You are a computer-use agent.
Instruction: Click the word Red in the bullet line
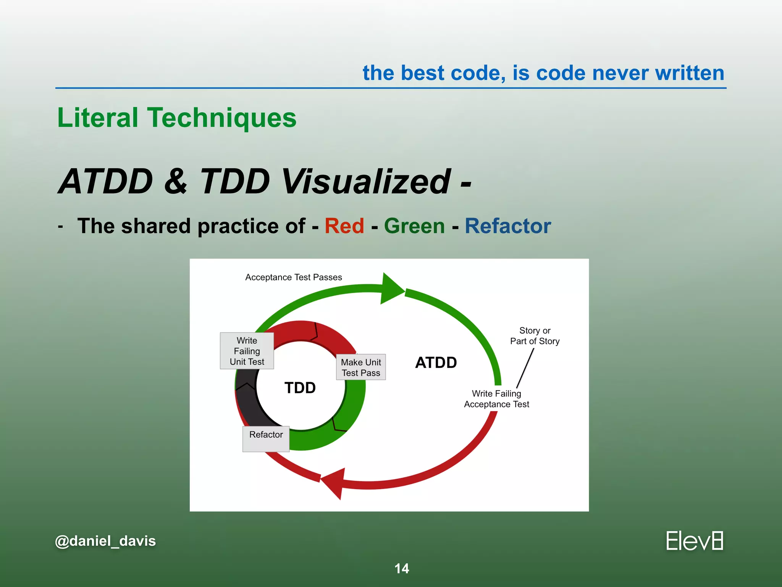344,226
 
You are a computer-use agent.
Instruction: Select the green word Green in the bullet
414,226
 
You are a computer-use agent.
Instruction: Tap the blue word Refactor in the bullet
507,226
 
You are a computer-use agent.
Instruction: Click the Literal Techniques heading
177,118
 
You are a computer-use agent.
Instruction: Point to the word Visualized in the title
365,182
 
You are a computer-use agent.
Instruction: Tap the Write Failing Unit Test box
247,351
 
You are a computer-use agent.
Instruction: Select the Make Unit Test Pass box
361,367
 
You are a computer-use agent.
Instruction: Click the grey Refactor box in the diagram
266,438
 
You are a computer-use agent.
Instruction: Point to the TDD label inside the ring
300,388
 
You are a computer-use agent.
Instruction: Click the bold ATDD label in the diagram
436,363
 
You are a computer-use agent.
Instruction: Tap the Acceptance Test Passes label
293,277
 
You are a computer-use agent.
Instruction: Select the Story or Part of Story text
535,336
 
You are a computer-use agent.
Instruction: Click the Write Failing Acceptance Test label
496,399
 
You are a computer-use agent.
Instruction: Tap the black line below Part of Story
525,368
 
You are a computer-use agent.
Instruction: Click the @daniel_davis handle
105,541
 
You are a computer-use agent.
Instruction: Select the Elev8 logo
694,541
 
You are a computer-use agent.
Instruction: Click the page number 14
401,569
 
